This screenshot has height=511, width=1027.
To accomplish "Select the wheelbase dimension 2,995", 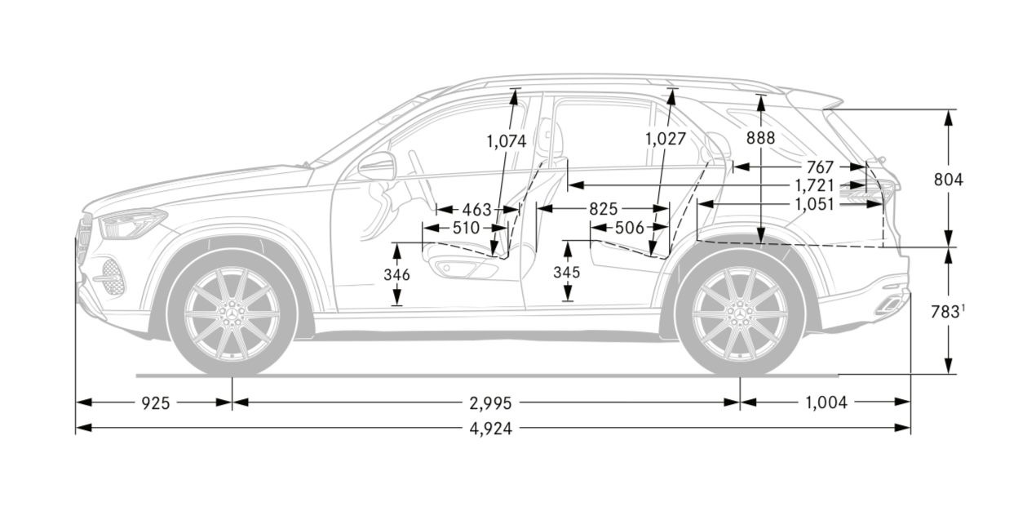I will [x=489, y=402].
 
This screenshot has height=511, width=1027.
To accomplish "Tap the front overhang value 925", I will [x=155, y=402].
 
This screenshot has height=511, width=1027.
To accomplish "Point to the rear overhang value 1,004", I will [x=826, y=402].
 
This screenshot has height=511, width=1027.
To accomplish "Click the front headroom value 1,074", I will [x=507, y=140].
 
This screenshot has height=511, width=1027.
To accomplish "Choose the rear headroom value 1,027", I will [x=666, y=139].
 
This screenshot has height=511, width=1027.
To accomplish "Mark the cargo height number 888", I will [x=760, y=139].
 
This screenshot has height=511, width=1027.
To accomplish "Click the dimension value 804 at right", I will [x=949, y=180].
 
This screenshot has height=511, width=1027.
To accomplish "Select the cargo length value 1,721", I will [x=814, y=185].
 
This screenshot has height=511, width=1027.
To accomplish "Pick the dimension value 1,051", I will [x=814, y=204].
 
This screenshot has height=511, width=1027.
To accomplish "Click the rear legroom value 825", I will [x=603, y=209].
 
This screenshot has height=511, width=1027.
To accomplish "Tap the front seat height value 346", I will [x=396, y=275].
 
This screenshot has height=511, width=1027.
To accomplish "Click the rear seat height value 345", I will [x=567, y=272].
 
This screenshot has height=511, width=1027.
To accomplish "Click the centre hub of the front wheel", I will [x=232, y=313].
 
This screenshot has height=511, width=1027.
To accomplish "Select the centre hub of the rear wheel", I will [x=741, y=313].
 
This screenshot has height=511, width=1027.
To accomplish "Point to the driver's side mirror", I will [x=376, y=167].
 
